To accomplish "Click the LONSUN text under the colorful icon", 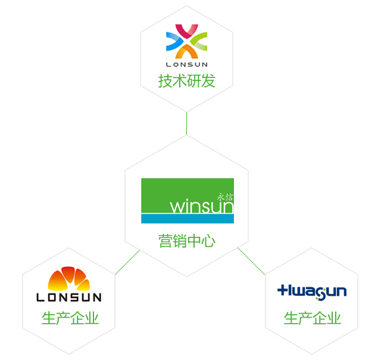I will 186,64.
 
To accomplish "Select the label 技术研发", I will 186,81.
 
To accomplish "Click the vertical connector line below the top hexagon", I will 186,123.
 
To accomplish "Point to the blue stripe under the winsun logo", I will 187,219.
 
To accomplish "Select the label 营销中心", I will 186,241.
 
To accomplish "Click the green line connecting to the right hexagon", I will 251,261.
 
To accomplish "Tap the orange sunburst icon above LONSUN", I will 68,279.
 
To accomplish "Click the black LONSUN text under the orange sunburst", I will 68,297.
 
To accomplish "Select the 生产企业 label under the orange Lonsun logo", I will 70,318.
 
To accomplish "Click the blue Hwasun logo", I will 311,291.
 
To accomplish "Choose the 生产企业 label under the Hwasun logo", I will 312,318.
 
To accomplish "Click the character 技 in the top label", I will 165,81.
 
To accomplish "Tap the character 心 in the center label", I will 207,241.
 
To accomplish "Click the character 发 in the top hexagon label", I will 208,81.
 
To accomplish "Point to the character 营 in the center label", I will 165,241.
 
